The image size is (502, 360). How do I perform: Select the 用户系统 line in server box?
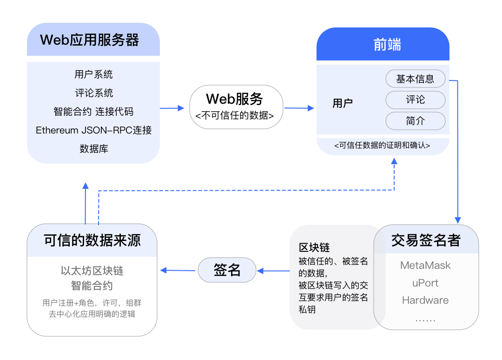[93, 74]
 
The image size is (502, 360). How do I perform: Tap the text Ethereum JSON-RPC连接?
[93, 130]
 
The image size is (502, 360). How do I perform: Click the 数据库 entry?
[93, 149]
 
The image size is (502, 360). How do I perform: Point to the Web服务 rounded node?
[236, 107]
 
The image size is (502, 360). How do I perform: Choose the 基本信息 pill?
[415, 79]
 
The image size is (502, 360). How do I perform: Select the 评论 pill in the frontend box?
[415, 100]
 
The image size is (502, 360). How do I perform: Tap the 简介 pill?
[415, 121]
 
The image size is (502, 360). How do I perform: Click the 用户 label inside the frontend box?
[343, 103]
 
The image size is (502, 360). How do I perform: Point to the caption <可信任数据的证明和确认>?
[383, 146]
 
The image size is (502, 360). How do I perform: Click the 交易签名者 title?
[426, 240]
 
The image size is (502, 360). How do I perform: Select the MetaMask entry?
[425, 265]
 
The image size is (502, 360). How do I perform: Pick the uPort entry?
[425, 283]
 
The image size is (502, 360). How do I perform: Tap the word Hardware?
[425, 300]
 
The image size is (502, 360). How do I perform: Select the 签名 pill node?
[227, 270]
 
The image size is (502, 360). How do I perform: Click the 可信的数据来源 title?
[92, 240]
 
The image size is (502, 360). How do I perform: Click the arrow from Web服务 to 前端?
[299, 108]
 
